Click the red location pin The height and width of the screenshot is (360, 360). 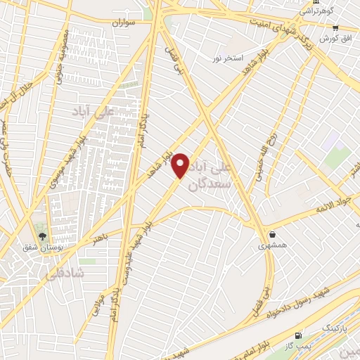tap(181, 165)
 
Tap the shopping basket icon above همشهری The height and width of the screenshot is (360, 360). tap(272, 235)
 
